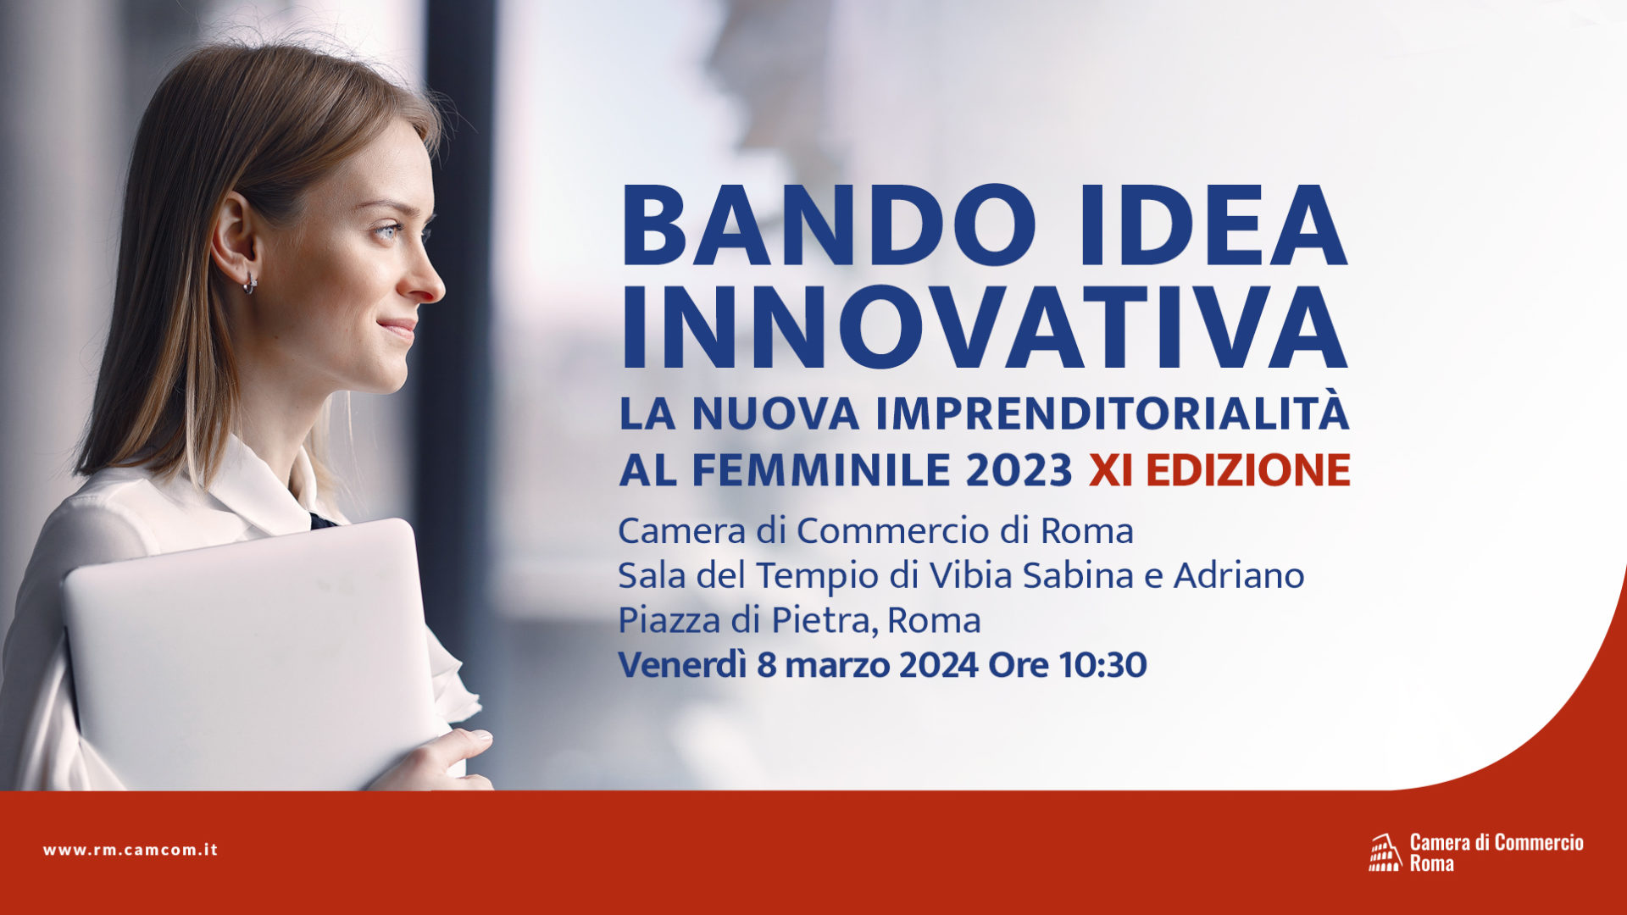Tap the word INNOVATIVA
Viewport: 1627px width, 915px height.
pos(984,329)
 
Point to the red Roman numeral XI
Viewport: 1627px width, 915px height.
pos(1111,470)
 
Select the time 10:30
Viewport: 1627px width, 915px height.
pos(1102,665)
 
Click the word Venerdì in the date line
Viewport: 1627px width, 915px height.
pos(682,664)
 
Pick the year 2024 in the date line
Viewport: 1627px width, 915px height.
pos(939,665)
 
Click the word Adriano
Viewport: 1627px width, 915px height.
pos(1238,575)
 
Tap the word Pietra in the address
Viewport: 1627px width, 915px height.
pos(821,620)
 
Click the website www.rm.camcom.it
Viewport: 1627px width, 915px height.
pos(130,850)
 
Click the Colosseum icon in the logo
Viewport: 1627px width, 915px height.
pos(1385,852)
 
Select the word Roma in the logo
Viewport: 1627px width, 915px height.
pos(1432,863)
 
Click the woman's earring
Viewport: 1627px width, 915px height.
pos(250,283)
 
